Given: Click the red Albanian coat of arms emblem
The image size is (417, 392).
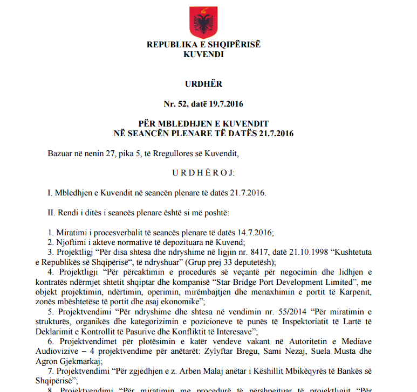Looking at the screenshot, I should (x=203, y=22).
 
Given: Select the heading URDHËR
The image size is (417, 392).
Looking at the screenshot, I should (x=203, y=84).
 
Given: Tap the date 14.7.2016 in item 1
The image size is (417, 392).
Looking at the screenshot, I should (x=252, y=233).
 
